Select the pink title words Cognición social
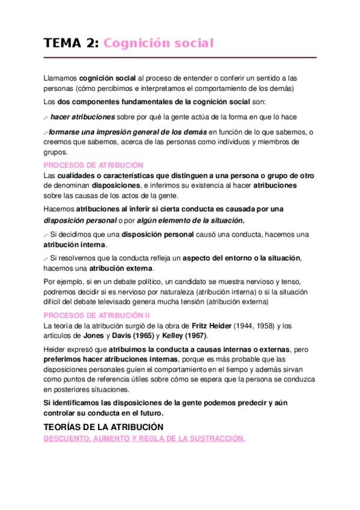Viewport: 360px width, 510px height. pyautogui.click(x=159, y=43)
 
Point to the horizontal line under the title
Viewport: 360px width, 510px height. pyautogui.click(x=180, y=58)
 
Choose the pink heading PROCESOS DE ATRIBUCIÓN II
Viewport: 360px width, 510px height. pyautogui.click(x=97, y=315)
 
